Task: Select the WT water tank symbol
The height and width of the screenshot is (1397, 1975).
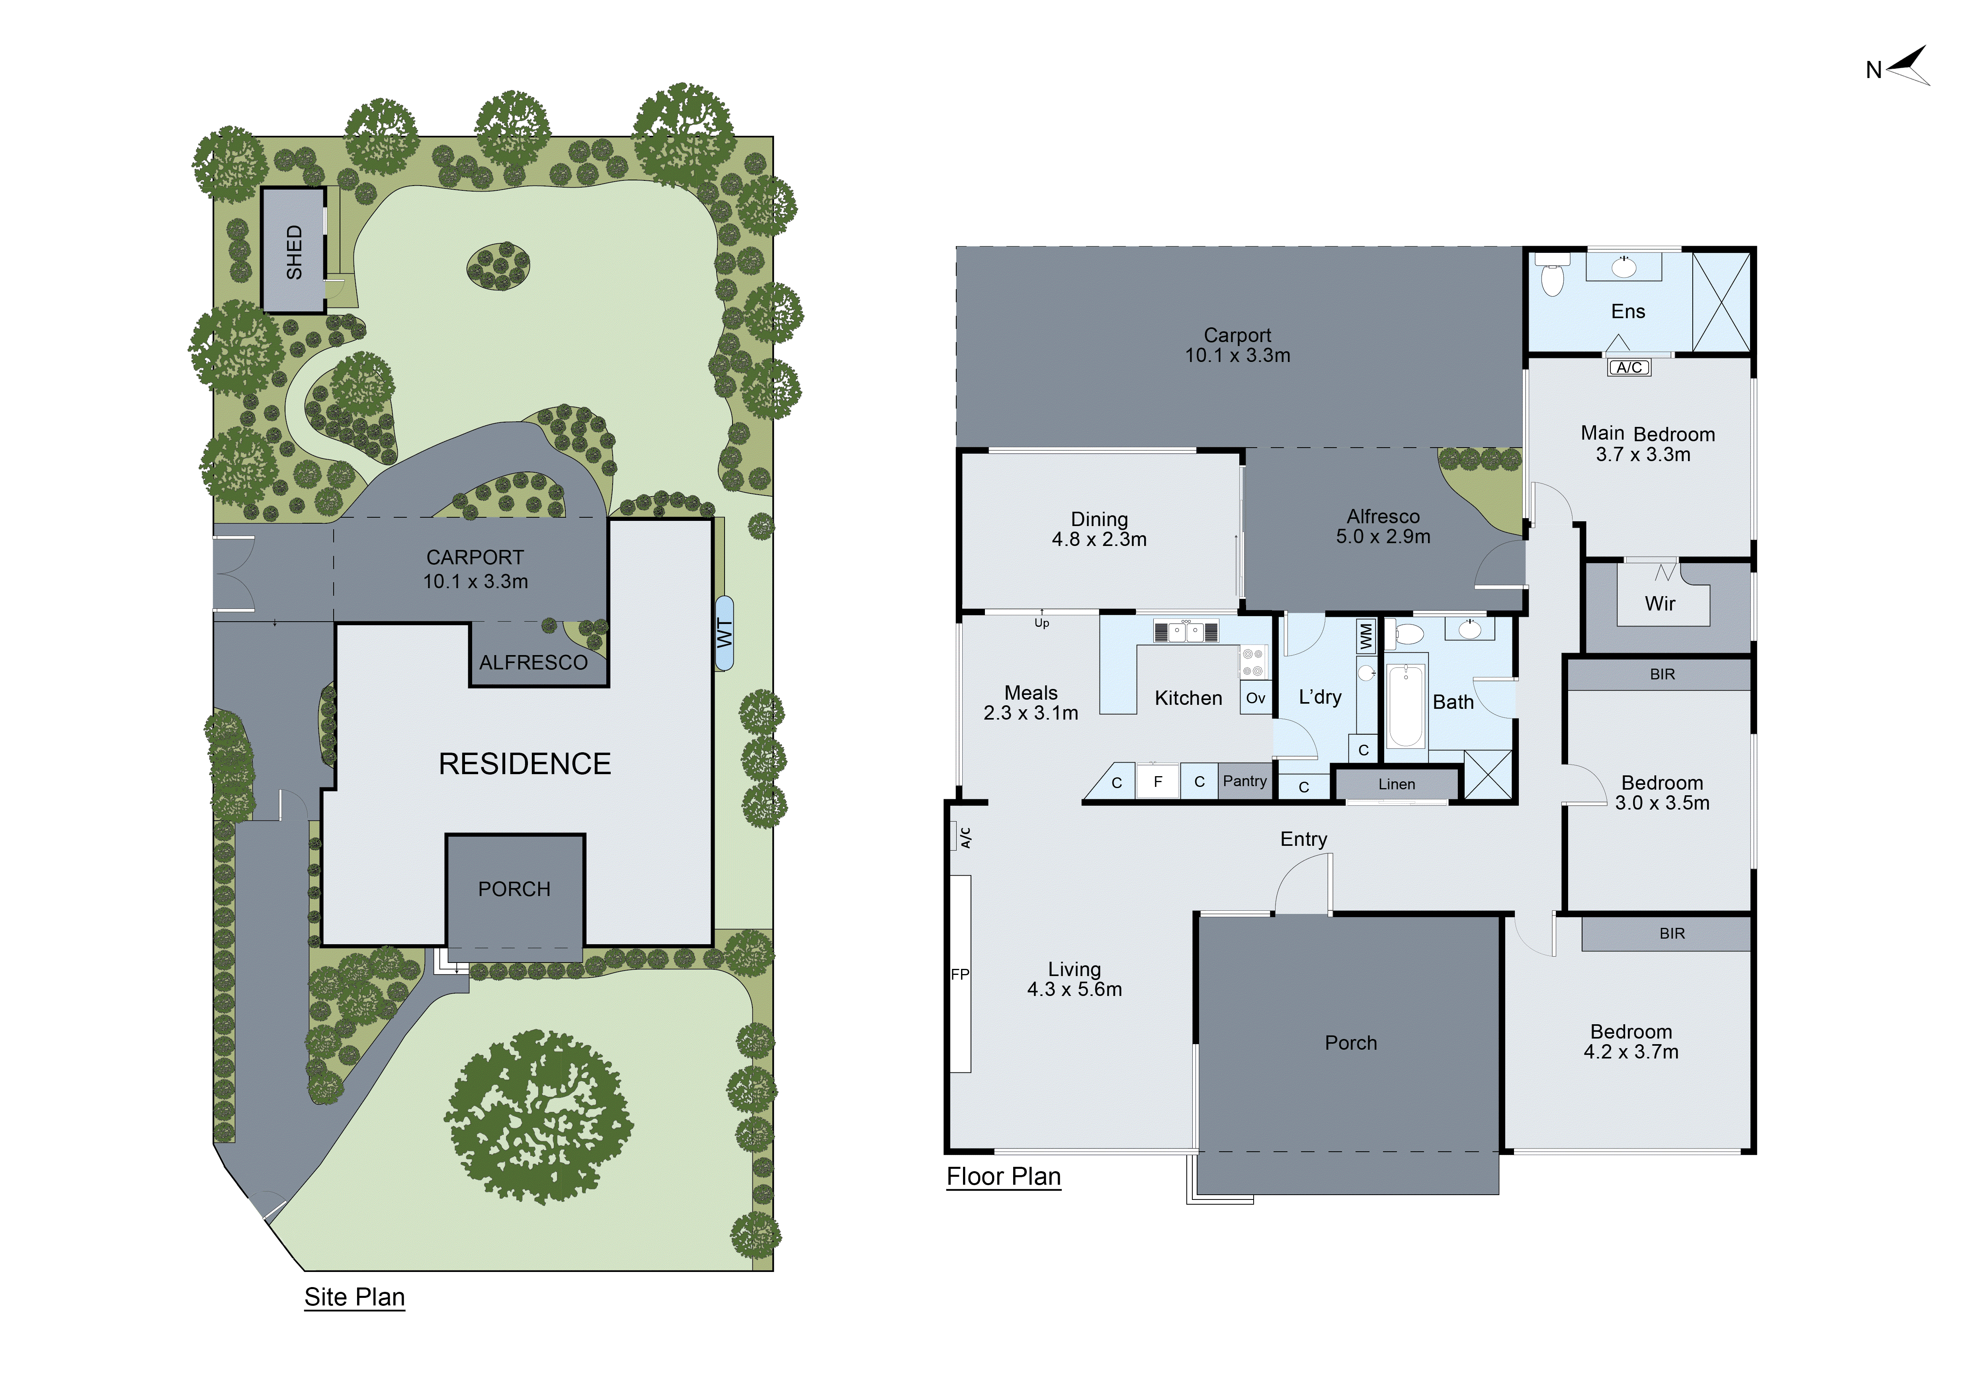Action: point(724,633)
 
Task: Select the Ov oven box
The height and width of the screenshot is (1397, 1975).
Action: point(1255,698)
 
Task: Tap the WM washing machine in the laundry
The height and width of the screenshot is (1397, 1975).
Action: point(1365,636)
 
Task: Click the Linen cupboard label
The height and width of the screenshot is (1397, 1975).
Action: point(1396,784)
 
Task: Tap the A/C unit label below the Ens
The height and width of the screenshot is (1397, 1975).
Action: point(1629,367)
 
